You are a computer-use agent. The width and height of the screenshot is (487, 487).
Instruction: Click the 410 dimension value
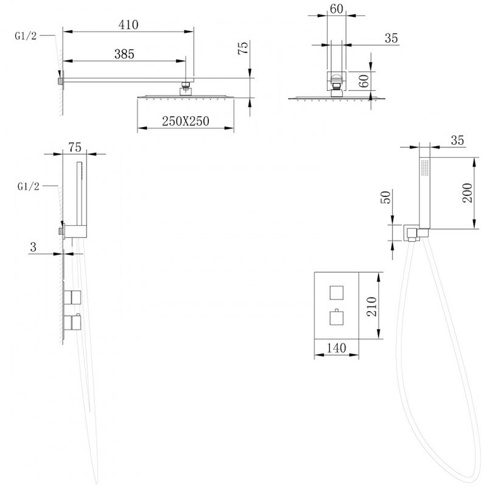(128, 25)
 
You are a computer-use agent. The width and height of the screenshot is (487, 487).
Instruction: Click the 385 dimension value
(124, 54)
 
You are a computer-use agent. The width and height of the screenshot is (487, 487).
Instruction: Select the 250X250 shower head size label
(186, 121)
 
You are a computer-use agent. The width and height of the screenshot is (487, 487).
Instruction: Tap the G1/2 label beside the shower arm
(26, 36)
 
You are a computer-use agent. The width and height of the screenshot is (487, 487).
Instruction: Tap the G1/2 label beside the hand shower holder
(28, 186)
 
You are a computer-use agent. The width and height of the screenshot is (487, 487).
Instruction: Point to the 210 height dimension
(372, 306)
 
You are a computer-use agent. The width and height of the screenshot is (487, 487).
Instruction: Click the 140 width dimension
(337, 348)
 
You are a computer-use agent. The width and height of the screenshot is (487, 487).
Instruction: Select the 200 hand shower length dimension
(468, 193)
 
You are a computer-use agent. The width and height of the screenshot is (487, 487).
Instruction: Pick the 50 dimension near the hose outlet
(385, 197)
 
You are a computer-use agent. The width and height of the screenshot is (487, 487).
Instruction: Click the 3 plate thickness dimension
(33, 247)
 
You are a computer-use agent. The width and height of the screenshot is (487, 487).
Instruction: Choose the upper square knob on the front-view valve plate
(337, 293)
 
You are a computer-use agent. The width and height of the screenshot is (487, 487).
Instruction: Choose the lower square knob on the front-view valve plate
(337, 317)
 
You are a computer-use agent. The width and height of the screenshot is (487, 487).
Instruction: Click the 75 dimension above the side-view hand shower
(75, 147)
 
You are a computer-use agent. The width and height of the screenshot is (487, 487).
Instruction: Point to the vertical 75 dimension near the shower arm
(243, 48)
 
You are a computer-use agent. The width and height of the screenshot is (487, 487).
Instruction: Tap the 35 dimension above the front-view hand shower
(457, 141)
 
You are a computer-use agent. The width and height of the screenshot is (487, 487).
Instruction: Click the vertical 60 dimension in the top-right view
(364, 81)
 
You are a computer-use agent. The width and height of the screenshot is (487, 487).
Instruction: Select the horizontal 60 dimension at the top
(337, 9)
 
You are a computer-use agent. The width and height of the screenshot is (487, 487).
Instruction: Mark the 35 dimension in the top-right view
(391, 38)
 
